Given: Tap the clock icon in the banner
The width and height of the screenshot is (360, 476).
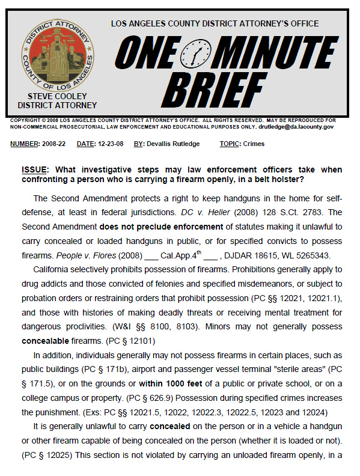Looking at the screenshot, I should point(195,53).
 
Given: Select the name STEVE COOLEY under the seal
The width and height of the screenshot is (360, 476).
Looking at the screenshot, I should point(57,96).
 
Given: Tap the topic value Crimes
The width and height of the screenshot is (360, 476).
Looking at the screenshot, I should point(254,144).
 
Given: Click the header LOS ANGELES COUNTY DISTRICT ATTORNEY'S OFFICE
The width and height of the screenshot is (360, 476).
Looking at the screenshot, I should point(215,23).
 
